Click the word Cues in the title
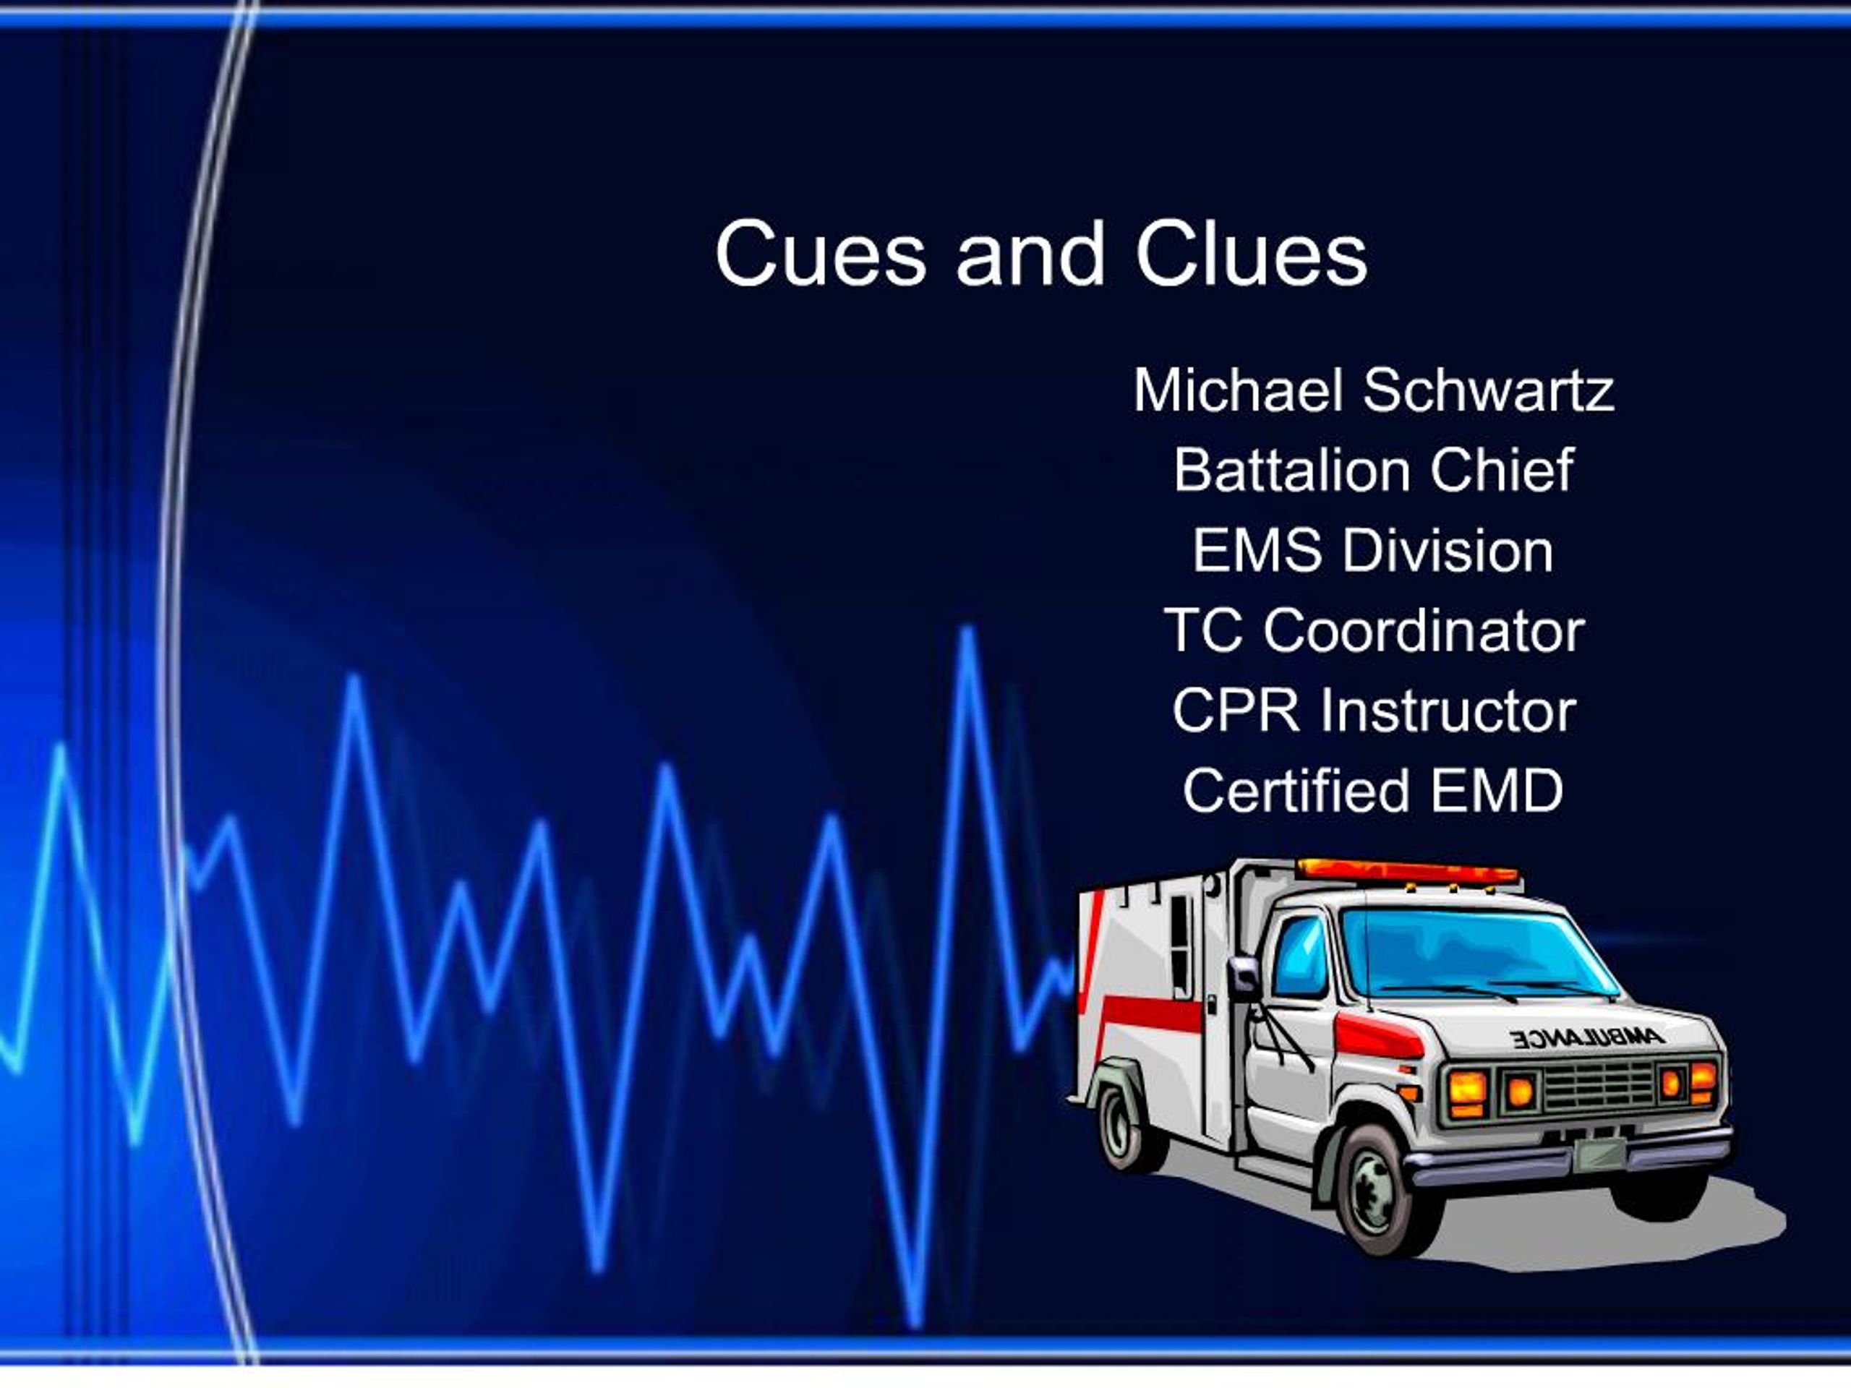[x=820, y=254]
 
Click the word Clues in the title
[x=1251, y=254]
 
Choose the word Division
[x=1448, y=551]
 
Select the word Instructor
[x=1448, y=711]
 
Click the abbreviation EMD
[x=1496, y=791]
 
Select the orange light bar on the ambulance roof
[x=1408, y=872]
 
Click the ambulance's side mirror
[x=1244, y=975]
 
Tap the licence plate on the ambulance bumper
[x=1599, y=1154]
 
